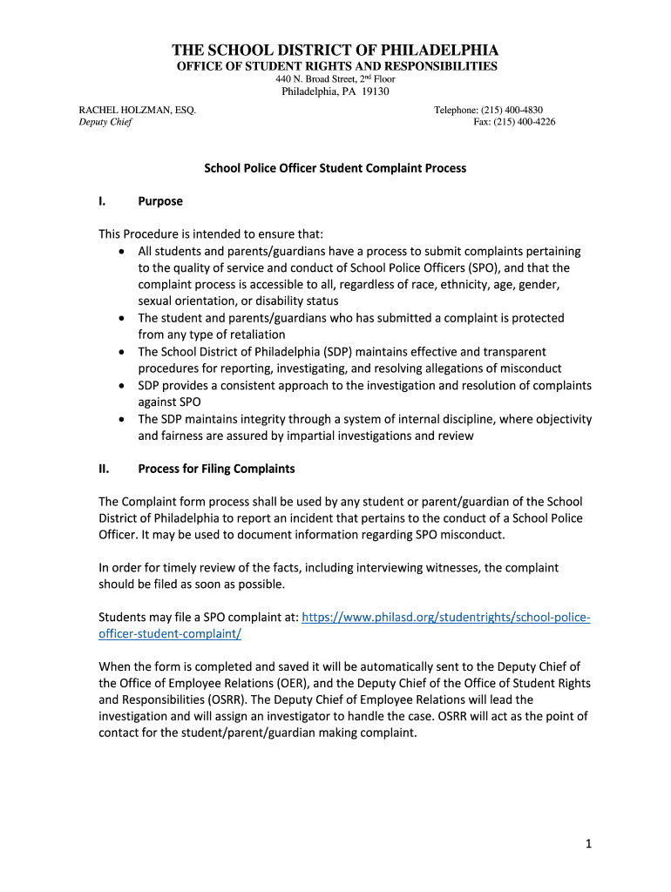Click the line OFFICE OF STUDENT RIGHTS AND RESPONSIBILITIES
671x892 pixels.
click(x=337, y=66)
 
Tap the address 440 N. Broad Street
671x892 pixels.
click(x=313, y=79)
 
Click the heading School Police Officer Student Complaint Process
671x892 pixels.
click(x=335, y=168)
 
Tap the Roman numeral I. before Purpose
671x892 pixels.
click(x=103, y=201)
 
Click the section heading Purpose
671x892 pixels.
click(x=160, y=201)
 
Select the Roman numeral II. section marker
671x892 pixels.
click(x=104, y=469)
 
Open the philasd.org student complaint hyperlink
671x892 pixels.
click(x=445, y=618)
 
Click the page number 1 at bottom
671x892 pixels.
click(x=589, y=843)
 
